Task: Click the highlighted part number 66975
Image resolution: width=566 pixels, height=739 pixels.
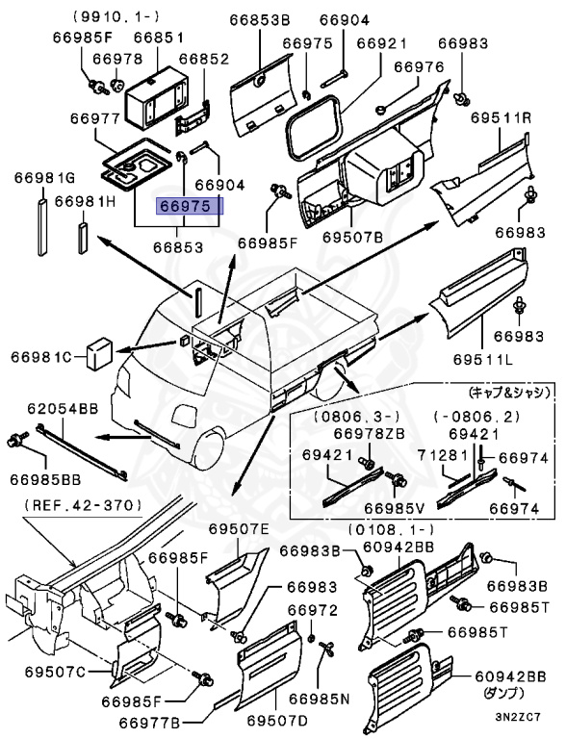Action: pyautogui.click(x=189, y=206)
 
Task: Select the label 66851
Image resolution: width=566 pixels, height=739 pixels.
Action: pyautogui.click(x=158, y=37)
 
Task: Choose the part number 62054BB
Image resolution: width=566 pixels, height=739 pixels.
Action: pyautogui.click(x=62, y=409)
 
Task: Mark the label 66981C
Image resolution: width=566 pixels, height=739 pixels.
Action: pyautogui.click(x=42, y=358)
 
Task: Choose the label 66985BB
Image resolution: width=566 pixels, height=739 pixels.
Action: pyautogui.click(x=48, y=478)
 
